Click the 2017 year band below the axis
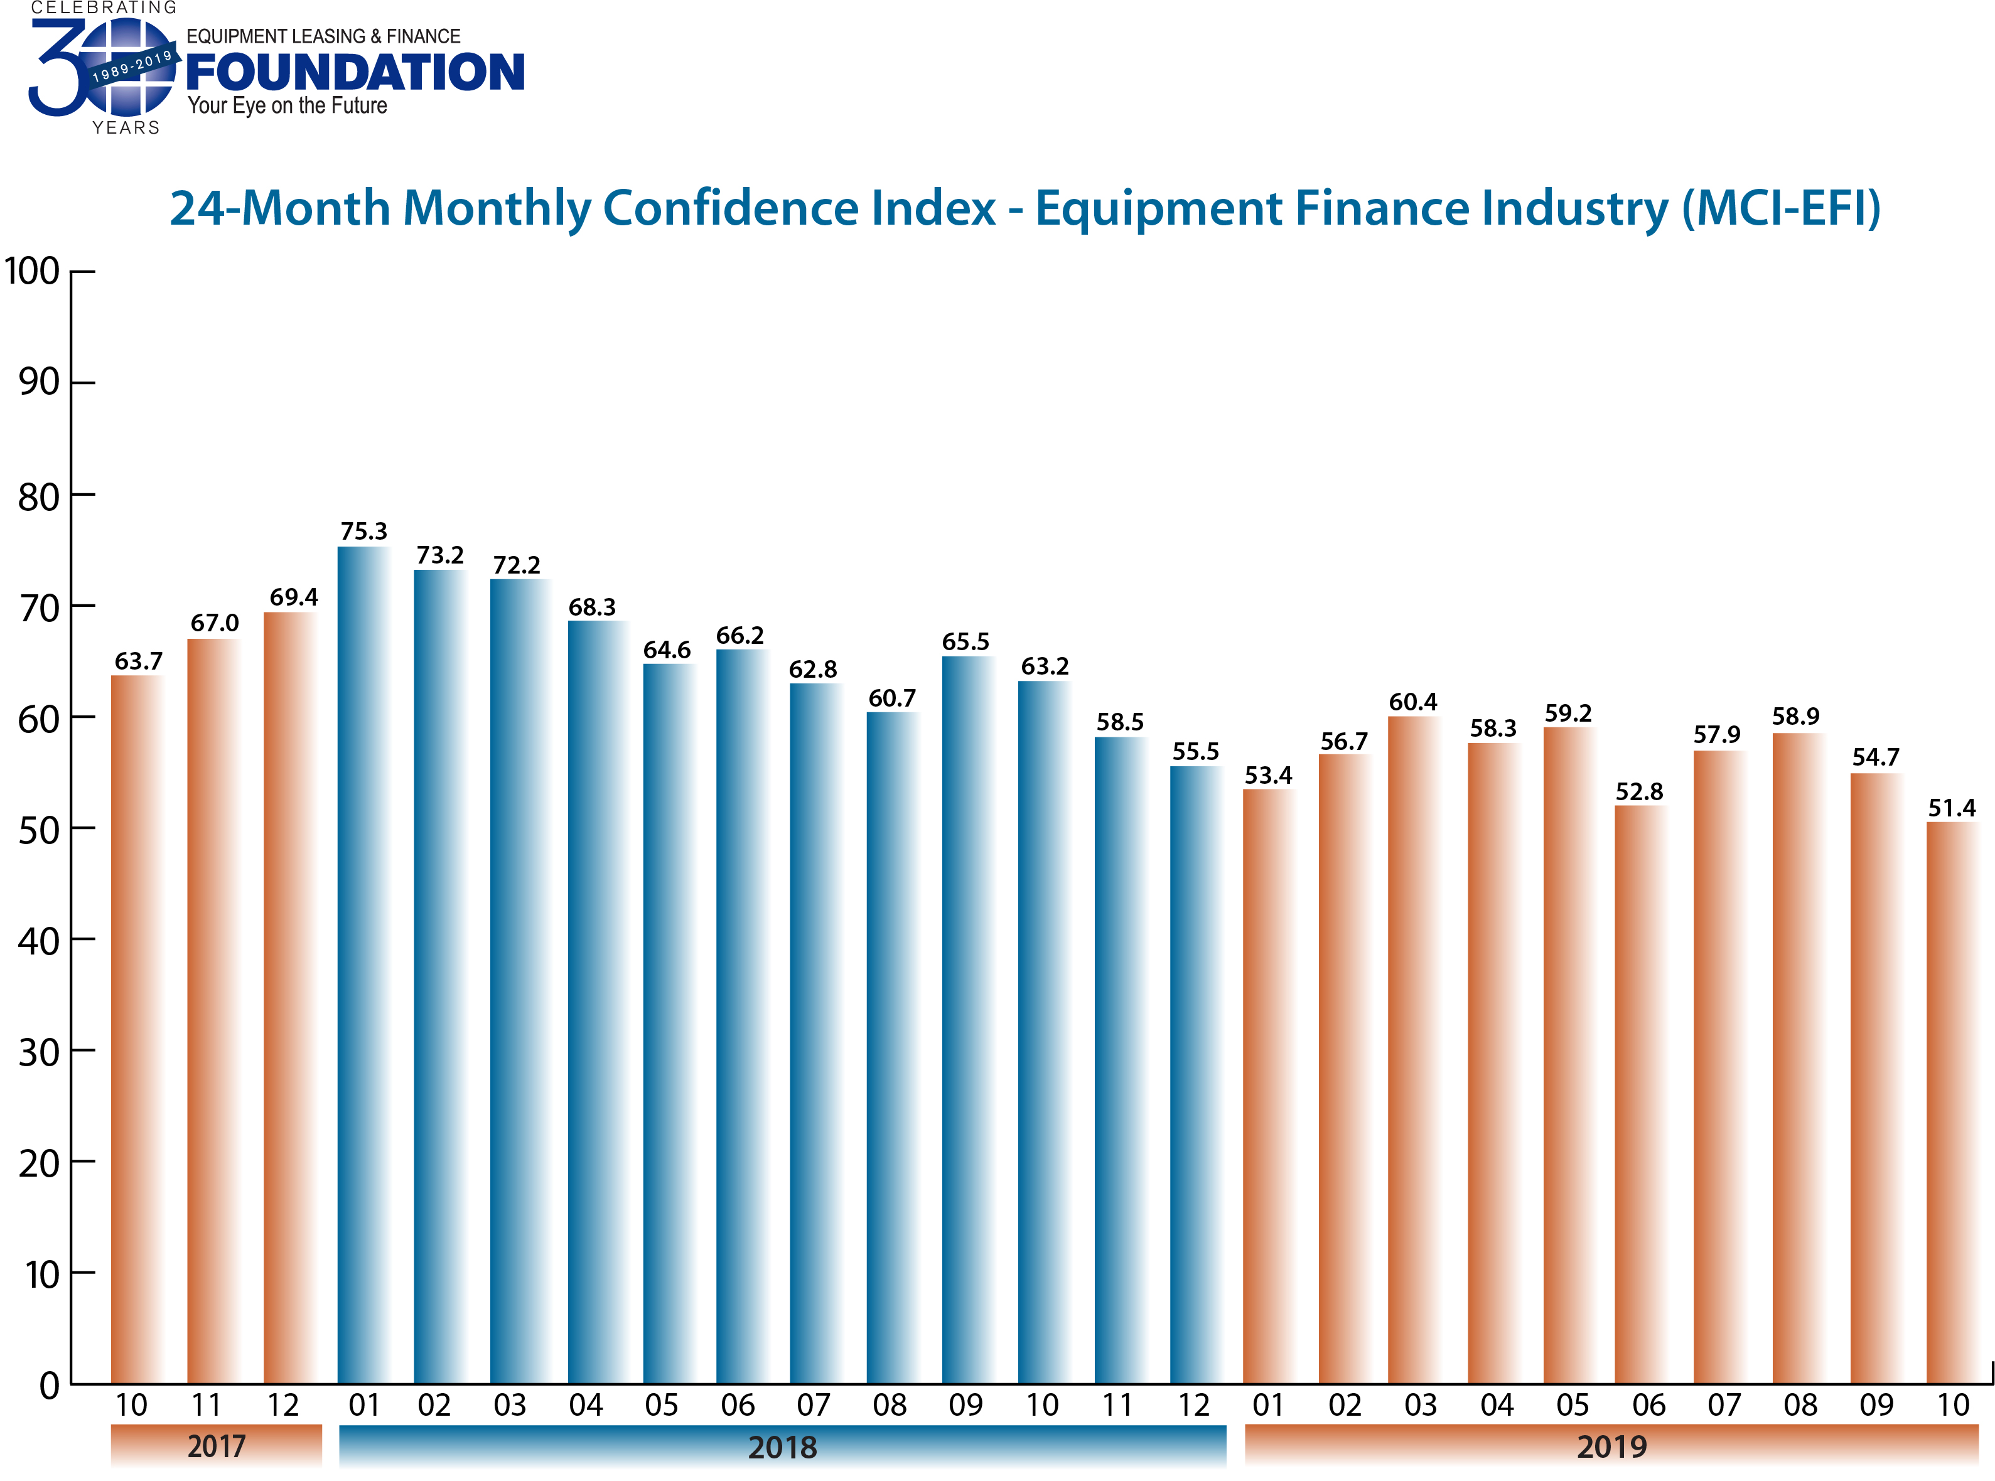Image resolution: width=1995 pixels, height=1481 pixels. point(216,1445)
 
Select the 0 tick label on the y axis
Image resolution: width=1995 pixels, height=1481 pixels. point(50,1386)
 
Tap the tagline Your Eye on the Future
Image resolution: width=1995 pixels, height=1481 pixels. point(287,106)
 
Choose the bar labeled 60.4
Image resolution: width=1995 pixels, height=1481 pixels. point(1413,1049)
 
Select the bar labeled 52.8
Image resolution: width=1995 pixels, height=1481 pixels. point(1639,1094)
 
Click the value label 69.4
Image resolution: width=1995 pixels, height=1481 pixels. point(293,597)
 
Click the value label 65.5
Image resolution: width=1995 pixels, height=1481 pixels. point(965,642)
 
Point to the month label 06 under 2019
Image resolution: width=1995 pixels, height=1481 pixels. point(1648,1405)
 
